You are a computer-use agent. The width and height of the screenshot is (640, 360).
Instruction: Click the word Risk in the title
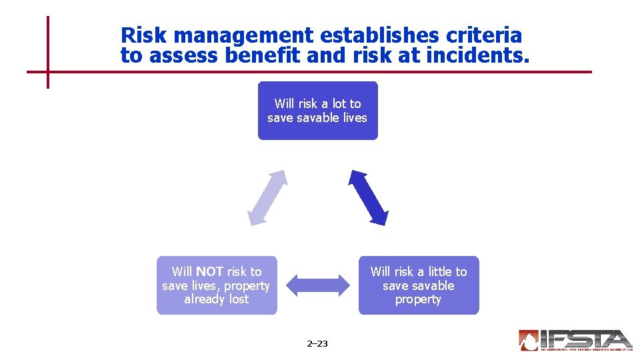141,35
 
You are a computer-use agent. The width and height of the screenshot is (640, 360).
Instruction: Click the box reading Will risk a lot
317,111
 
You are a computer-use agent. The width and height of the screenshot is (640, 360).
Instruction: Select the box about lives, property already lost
216,285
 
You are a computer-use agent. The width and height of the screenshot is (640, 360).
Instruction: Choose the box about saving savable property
419,285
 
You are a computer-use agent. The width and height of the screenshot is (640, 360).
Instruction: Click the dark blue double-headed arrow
369,198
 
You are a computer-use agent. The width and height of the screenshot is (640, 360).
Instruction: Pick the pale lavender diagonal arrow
267,198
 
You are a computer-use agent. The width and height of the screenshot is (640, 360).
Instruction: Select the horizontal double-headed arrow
317,285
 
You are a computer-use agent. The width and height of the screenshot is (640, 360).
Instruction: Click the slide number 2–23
317,344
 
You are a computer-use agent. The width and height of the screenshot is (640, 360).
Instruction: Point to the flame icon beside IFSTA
529,340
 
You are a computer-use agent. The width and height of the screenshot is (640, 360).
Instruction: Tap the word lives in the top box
354,117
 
